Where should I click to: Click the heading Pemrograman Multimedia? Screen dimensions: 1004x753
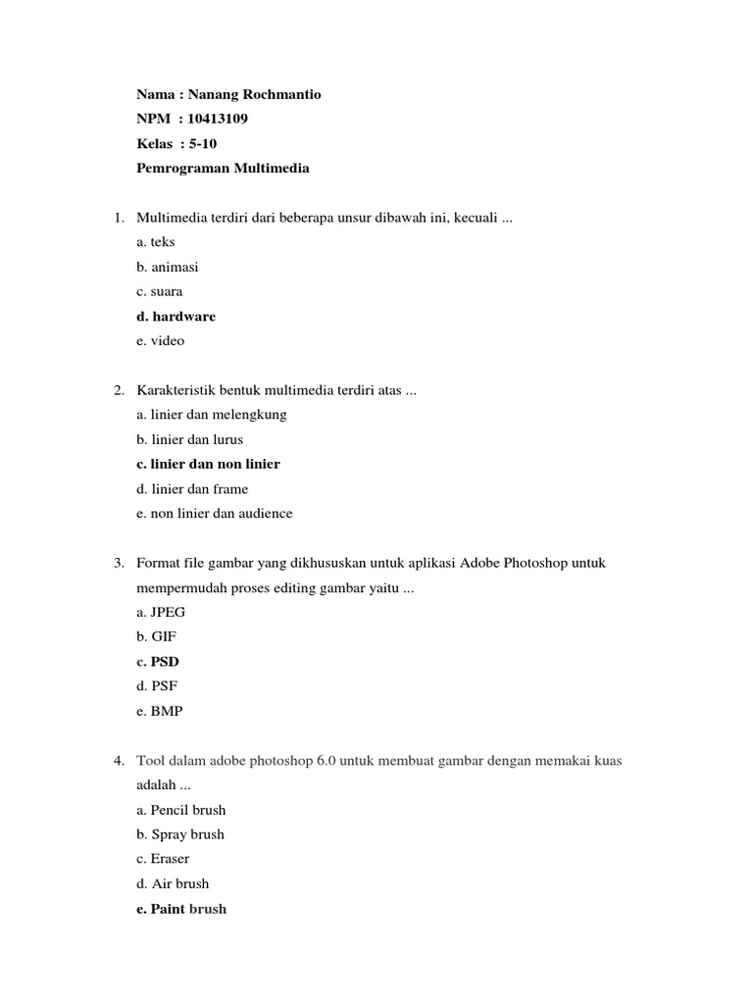(223, 169)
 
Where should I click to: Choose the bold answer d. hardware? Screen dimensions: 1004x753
(176, 317)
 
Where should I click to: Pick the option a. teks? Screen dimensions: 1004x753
(156, 242)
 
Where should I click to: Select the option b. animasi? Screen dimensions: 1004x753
(168, 267)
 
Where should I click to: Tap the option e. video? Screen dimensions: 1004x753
(161, 341)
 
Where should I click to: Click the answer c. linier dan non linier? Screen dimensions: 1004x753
(208, 464)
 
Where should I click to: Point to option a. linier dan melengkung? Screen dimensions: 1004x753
(212, 415)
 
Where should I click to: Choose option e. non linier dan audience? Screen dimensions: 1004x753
(215, 513)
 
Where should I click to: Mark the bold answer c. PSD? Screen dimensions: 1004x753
(158, 662)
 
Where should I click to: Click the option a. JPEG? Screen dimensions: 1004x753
(161, 612)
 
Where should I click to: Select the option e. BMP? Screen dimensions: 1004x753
(160, 711)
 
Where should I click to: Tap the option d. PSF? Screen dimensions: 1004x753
(158, 686)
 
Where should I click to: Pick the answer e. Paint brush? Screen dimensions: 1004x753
(181, 909)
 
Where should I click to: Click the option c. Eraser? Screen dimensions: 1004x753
(163, 859)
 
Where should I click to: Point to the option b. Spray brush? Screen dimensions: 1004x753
(180, 834)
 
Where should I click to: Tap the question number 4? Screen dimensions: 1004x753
(118, 761)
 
